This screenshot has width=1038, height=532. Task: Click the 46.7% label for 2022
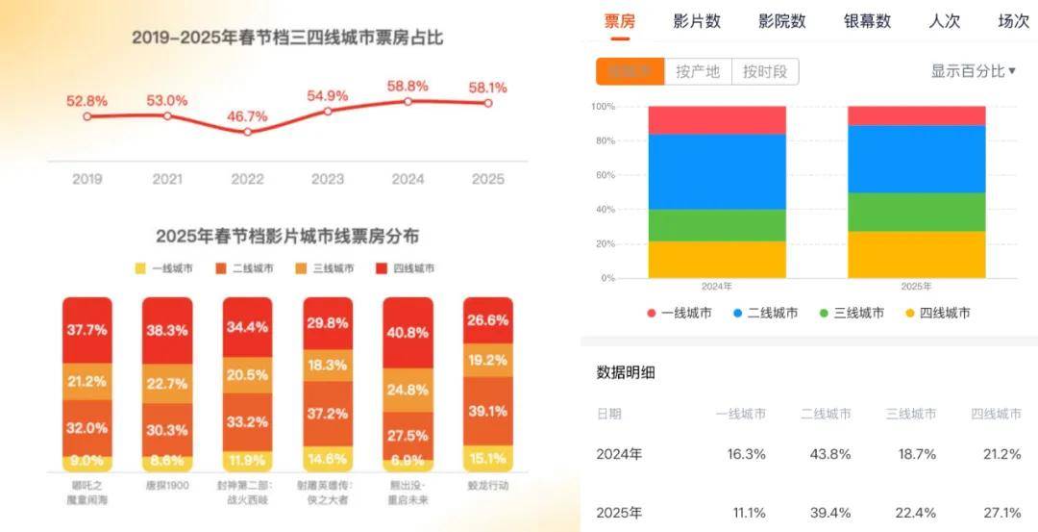pyautogui.click(x=247, y=115)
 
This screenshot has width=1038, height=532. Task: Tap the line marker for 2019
pyautogui.click(x=86, y=116)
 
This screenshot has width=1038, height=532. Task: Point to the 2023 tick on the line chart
pyautogui.click(x=327, y=179)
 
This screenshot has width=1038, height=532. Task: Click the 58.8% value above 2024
pyautogui.click(x=408, y=86)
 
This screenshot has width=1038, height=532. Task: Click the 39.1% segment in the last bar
pyautogui.click(x=487, y=410)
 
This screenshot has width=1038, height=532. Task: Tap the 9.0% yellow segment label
pyautogui.click(x=86, y=460)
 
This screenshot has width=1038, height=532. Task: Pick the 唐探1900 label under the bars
pyautogui.click(x=166, y=486)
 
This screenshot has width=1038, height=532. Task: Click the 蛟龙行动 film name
pyautogui.click(x=487, y=486)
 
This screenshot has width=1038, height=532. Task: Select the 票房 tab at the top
pyautogui.click(x=620, y=21)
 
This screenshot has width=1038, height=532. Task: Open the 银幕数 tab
pyautogui.click(x=867, y=21)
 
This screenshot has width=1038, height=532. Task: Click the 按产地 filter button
pyautogui.click(x=697, y=71)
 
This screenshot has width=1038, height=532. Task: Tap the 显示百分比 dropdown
pyautogui.click(x=973, y=71)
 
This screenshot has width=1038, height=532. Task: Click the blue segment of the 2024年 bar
pyautogui.click(x=716, y=171)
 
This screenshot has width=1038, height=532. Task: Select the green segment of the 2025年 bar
pyautogui.click(x=916, y=212)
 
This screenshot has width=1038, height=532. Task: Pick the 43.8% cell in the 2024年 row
pyautogui.click(x=826, y=454)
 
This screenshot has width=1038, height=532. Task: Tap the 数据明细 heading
pyautogui.click(x=626, y=372)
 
